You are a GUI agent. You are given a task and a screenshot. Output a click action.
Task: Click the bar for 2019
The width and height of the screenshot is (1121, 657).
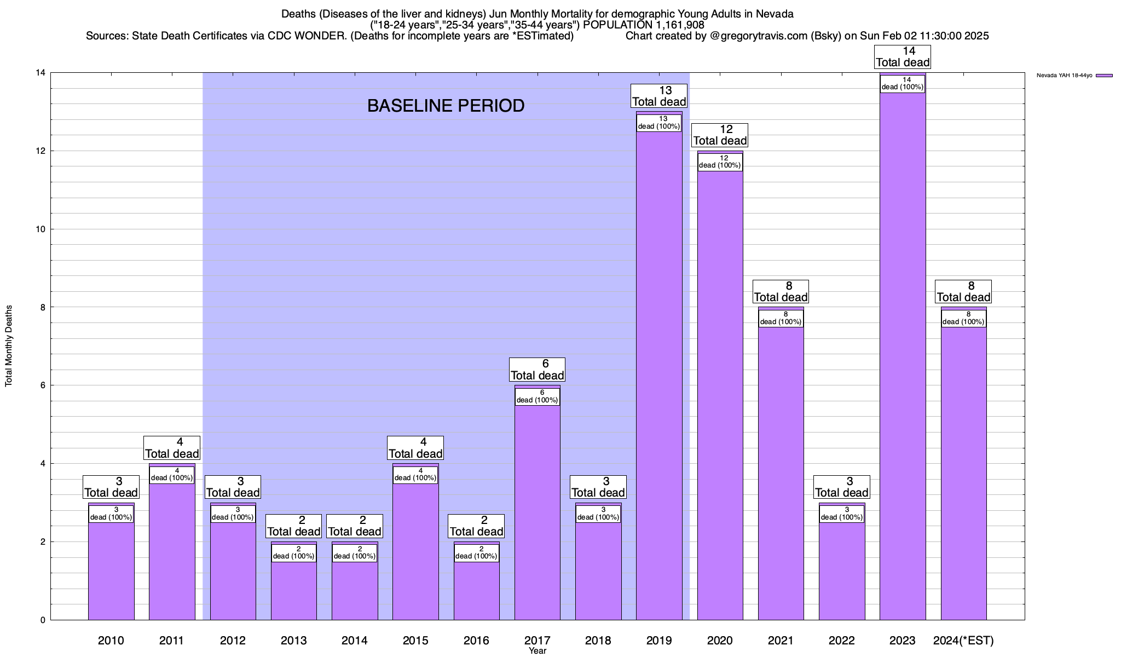(659, 372)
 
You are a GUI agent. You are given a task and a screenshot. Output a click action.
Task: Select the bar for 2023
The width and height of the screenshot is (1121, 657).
(903, 356)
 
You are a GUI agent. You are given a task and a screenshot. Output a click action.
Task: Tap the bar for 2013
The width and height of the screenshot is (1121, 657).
(294, 589)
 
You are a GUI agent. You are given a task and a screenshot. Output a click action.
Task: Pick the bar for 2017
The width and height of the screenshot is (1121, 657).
(538, 509)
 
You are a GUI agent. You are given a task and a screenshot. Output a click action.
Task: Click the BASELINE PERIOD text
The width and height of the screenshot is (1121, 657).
(446, 106)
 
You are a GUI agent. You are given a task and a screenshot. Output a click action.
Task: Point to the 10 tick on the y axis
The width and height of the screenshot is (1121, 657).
(40, 229)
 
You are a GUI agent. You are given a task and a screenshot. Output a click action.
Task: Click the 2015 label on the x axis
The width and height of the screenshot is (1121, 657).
(415, 640)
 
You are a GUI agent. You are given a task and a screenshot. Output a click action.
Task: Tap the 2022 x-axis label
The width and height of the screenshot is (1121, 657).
(842, 640)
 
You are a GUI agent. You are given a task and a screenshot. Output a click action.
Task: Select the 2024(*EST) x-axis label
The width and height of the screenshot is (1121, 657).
(963, 640)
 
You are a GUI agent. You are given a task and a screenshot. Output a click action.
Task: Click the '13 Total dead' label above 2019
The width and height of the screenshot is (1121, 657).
(659, 96)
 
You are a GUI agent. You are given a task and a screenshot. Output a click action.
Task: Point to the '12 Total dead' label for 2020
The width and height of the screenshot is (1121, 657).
(720, 135)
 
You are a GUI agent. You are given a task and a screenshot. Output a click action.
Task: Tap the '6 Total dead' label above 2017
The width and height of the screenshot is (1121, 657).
(537, 370)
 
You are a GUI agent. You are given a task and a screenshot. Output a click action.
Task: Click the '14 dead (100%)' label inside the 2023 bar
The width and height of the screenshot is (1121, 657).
(903, 83)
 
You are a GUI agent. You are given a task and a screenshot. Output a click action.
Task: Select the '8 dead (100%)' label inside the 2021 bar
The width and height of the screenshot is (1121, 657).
(781, 318)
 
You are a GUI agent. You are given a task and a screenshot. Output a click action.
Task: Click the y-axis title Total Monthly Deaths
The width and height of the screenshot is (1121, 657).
(9, 346)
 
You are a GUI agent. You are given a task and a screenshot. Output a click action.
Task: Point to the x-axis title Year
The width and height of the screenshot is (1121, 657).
(538, 651)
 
